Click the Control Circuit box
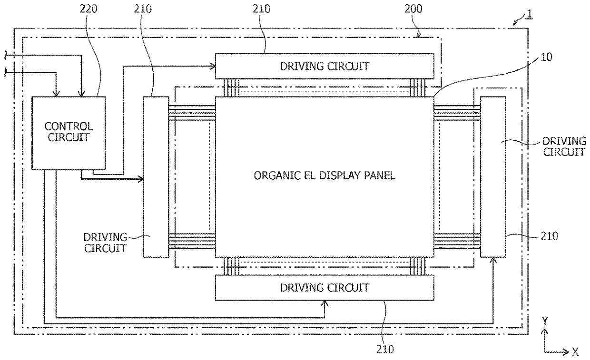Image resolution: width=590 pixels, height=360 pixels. [x=69, y=133]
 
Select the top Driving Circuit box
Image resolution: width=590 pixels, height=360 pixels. [x=324, y=66]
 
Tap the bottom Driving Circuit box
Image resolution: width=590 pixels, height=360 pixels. [x=324, y=288]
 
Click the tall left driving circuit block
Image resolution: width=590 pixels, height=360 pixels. [x=156, y=176]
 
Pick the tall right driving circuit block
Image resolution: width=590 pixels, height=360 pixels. [x=493, y=176]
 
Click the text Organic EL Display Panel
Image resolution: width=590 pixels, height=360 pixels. [x=324, y=175]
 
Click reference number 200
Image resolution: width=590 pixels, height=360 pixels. [x=414, y=9]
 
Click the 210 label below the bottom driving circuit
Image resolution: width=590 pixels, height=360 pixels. [x=384, y=349]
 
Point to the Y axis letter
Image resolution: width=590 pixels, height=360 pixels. [x=545, y=321]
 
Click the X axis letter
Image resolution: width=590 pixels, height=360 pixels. [x=575, y=352]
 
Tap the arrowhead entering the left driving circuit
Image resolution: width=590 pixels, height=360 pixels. [x=141, y=179]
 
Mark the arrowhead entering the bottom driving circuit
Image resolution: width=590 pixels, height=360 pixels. [x=324, y=303]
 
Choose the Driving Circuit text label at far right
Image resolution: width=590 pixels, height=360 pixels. [x=564, y=146]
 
